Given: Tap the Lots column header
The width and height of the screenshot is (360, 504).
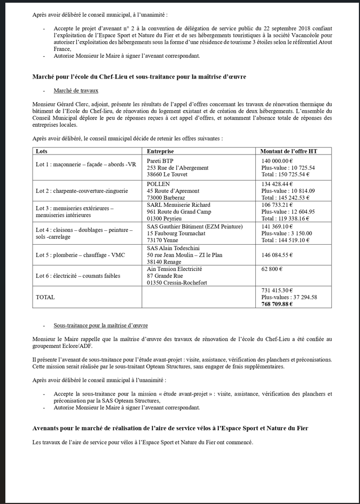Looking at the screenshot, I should click(42, 151).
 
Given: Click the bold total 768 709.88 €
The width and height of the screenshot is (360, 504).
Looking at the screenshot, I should click(277, 304).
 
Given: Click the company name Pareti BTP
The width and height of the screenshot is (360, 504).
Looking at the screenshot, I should click(160, 160).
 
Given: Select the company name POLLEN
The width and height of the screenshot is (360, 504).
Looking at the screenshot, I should click(158, 184).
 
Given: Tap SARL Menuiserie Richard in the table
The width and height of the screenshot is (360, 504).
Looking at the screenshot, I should click(178, 205).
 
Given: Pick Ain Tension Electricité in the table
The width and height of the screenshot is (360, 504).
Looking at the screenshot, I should click(174, 269).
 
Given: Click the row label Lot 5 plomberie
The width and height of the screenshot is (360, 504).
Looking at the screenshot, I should click(80, 255).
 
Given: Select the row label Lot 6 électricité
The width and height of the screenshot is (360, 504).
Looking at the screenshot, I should click(78, 276).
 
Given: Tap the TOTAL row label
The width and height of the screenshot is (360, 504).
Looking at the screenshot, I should click(45, 297).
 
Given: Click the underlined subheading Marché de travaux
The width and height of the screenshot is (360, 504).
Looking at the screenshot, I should click(76, 91).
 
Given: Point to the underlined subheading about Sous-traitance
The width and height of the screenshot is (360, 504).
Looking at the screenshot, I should click(100, 325).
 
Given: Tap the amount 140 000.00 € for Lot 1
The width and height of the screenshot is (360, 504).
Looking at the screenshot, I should click(277, 160).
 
